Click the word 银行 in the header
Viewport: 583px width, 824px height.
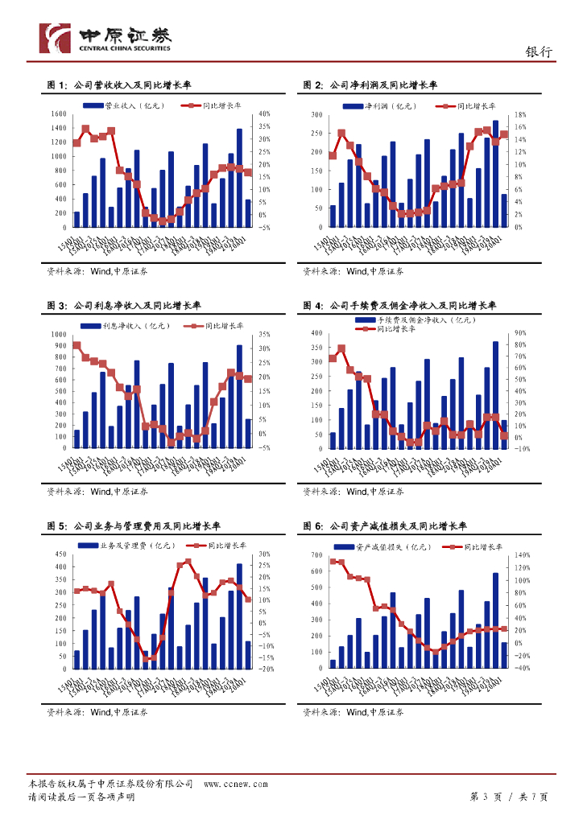(x=539, y=51)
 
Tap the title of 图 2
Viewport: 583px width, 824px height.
(x=370, y=85)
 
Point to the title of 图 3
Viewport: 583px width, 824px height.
(x=124, y=306)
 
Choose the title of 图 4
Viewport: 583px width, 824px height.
(x=399, y=306)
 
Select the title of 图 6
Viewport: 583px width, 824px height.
(x=385, y=526)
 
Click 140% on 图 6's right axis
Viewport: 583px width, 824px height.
(x=521, y=555)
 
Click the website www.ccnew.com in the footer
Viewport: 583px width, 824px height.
(x=235, y=784)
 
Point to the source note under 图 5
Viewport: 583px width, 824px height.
(x=97, y=712)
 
